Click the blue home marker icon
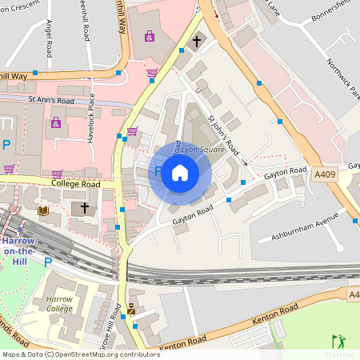coord(180,173)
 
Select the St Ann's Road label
coord(50,101)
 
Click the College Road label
coord(74,184)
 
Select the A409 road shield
coord(326,174)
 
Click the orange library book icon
coord(43,210)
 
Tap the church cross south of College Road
coord(84,207)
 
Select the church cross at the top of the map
coord(196,41)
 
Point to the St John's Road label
coord(223,134)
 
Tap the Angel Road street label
coord(49,38)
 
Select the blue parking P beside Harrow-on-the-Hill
coord(48,262)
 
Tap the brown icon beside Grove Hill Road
coord(131,308)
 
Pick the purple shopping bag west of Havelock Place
coord(55,122)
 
